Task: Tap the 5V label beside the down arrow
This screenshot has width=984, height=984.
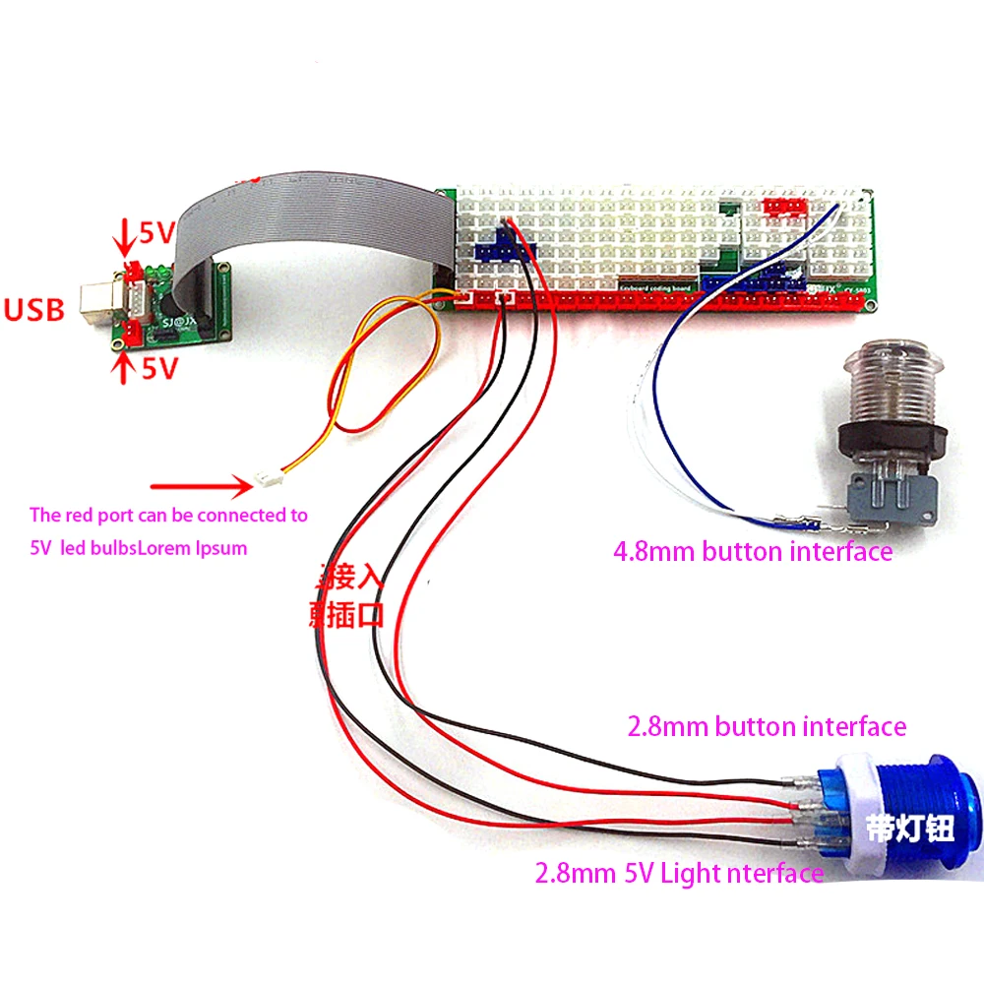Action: pyautogui.click(x=155, y=233)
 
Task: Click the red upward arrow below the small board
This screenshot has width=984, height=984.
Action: pyautogui.click(x=123, y=366)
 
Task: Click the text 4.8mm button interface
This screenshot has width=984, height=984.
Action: pyautogui.click(x=753, y=551)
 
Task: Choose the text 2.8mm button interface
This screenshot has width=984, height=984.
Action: pyautogui.click(x=767, y=727)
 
